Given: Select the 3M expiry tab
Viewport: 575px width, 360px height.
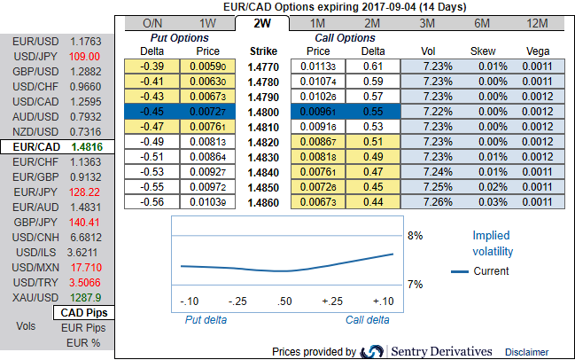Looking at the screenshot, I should point(427,22).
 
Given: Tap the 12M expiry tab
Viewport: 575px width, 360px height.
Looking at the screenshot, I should point(536,22).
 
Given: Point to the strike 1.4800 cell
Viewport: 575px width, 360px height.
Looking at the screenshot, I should point(264,113).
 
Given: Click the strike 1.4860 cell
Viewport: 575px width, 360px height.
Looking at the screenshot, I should point(264,203).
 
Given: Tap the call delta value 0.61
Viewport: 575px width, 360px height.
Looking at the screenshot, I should point(373,67).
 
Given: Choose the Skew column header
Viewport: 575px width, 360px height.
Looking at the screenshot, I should point(483,51).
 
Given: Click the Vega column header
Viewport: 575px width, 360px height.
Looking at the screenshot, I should point(537,51).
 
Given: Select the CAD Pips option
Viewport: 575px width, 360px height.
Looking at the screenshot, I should point(86,313).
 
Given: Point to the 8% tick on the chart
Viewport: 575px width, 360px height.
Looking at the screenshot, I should point(415,236).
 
